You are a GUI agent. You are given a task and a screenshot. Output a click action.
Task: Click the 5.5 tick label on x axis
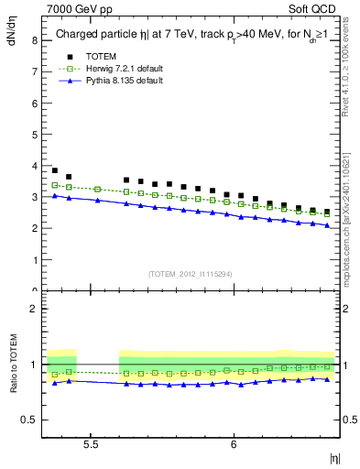(92, 443)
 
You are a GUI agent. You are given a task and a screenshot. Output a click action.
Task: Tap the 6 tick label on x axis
(235, 443)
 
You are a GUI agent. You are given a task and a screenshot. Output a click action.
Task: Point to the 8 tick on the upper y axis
(33, 40)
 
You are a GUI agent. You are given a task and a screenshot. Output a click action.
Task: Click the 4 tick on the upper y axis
(33, 166)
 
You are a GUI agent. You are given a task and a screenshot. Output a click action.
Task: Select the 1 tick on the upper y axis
(33, 260)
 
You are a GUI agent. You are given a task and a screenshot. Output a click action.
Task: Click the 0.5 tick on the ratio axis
(29, 420)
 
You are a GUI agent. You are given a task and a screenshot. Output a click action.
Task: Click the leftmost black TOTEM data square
(55, 170)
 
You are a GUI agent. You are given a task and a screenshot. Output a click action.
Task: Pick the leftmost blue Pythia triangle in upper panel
(55, 196)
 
